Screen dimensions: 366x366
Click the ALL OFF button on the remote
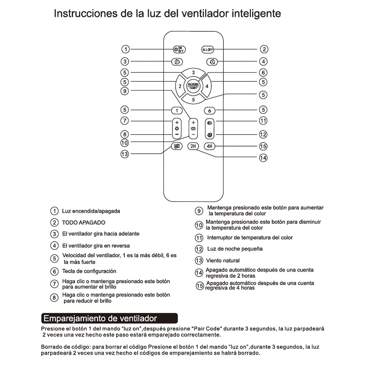point(207,50)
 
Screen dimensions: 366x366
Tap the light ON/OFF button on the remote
point(179,50)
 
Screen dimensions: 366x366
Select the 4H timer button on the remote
point(210,146)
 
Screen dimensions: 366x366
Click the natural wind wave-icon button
point(177,146)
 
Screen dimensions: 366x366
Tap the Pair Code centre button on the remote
point(193,86)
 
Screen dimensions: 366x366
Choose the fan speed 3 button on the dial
point(193,73)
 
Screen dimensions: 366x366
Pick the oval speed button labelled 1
point(177,111)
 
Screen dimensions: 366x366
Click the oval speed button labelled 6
point(210,111)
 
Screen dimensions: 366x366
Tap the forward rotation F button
point(177,62)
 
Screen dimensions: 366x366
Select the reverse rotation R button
point(212,62)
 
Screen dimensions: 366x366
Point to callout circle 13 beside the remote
point(125,154)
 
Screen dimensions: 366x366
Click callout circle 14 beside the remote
point(263,158)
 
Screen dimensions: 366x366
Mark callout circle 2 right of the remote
point(264,49)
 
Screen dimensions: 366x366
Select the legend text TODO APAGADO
point(84,223)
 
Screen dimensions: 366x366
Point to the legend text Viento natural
point(223,261)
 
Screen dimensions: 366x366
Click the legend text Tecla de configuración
point(89,271)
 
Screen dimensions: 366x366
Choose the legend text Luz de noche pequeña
point(235,249)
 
